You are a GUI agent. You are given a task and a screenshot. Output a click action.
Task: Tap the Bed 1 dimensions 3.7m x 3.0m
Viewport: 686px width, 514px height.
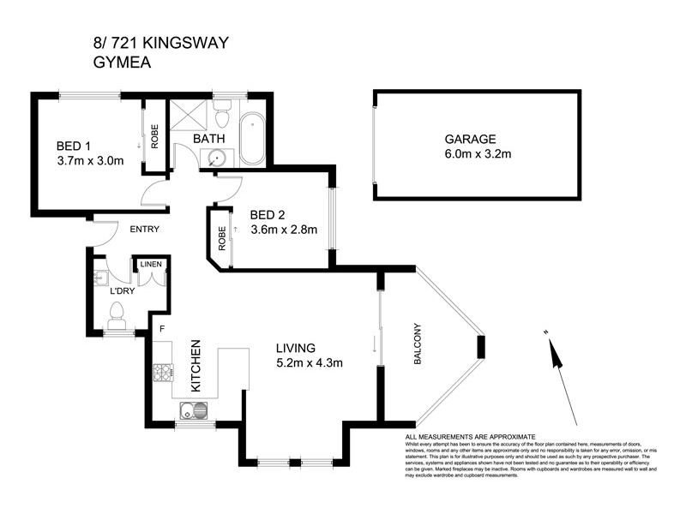pyautogui.click(x=90, y=159)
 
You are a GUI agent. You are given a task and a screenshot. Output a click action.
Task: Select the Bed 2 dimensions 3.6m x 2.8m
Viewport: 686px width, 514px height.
pyautogui.click(x=283, y=230)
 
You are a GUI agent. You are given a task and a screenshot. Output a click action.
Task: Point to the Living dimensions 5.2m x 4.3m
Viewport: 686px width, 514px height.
pyautogui.click(x=309, y=363)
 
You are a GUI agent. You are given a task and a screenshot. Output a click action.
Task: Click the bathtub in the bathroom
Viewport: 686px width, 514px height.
pyautogui.click(x=252, y=139)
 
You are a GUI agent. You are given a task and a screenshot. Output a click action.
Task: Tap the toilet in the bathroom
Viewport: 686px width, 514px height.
pyautogui.click(x=223, y=113)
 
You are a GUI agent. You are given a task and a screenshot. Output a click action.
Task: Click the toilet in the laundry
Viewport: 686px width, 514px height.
pyautogui.click(x=117, y=321)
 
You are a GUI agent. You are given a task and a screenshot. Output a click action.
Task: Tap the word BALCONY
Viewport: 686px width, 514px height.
pyautogui.click(x=419, y=344)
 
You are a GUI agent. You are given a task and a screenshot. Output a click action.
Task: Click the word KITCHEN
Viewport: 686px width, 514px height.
pyautogui.click(x=196, y=366)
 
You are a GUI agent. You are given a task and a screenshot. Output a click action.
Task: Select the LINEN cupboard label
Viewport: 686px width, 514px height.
pyautogui.click(x=151, y=265)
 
